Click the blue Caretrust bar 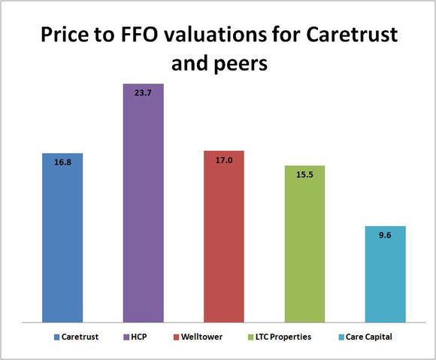(x=62, y=241)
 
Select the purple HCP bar (x=144, y=210)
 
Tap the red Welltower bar (x=224, y=241)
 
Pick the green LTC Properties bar (x=304, y=248)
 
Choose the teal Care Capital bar (x=386, y=278)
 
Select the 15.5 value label (x=304, y=174)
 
